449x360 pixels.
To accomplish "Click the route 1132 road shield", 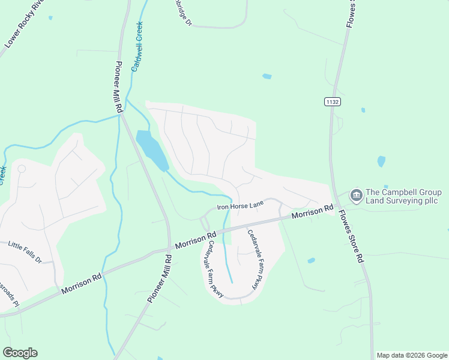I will [x=333, y=102].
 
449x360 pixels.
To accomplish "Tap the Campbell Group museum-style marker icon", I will [x=356, y=195].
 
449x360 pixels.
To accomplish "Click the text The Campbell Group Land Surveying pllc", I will [x=403, y=196].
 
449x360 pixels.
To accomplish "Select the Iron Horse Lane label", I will [x=241, y=206].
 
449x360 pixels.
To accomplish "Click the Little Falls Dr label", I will [x=25, y=252].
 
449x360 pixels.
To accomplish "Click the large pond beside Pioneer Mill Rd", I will [x=152, y=149].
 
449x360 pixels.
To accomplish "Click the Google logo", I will [x=20, y=353].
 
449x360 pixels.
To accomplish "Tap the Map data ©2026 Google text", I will [x=411, y=355].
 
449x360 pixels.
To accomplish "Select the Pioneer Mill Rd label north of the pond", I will [x=119, y=87].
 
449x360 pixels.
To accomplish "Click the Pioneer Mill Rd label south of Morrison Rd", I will [x=160, y=279].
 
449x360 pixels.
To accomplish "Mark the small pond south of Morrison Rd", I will [x=311, y=260].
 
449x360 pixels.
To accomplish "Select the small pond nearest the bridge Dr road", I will [x=267, y=76].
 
